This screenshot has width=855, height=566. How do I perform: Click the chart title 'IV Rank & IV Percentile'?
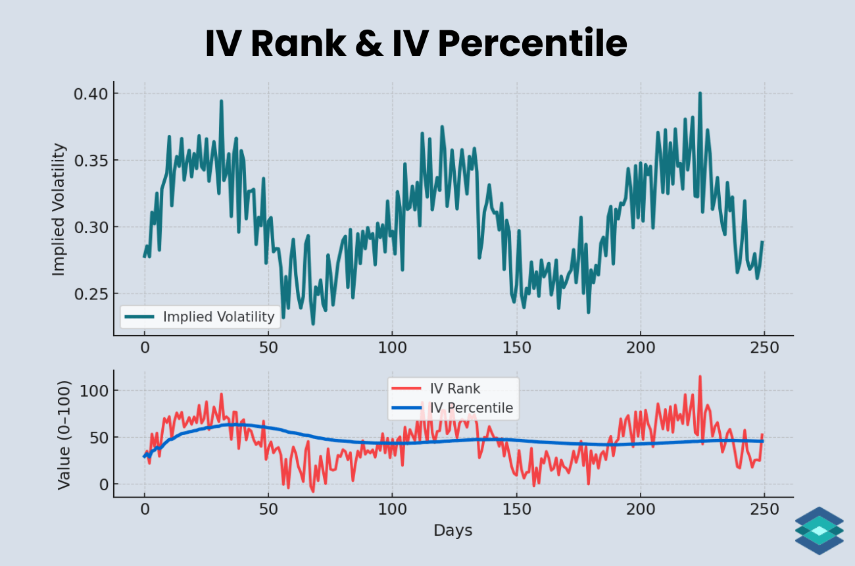pyautogui.click(x=416, y=44)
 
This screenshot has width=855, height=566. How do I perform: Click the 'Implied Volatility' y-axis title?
pyautogui.click(x=59, y=209)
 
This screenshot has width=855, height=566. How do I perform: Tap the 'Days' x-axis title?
pyautogui.click(x=452, y=530)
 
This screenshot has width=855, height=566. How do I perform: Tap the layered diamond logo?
pyautogui.click(x=819, y=530)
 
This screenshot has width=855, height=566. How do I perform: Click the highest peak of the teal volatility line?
pyautogui.click(x=700, y=93)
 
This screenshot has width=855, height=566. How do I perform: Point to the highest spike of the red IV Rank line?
pyautogui.click(x=700, y=376)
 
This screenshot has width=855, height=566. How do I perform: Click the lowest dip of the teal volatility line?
pyautogui.click(x=313, y=324)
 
